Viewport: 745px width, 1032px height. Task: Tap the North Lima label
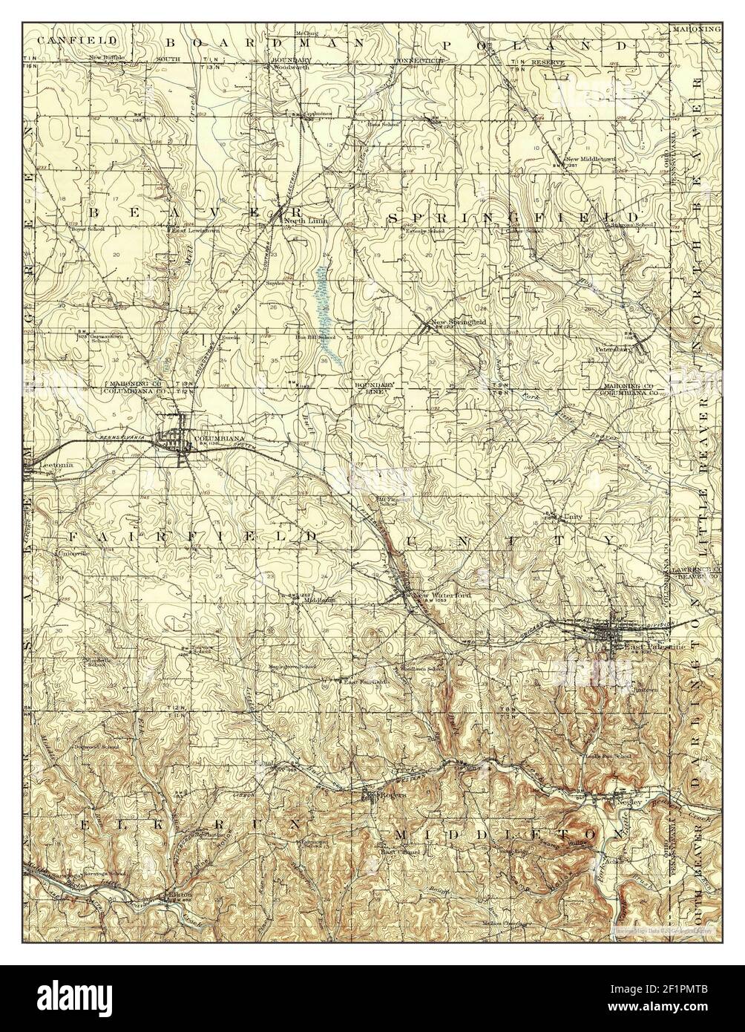(x=306, y=221)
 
